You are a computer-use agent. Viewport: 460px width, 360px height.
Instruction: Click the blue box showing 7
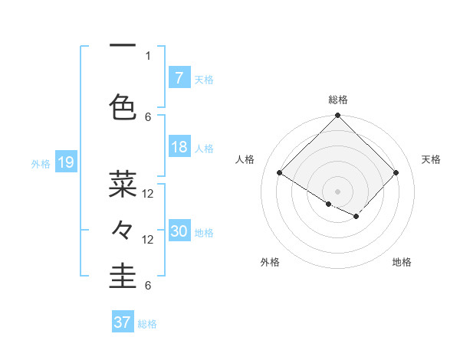(x=179, y=78)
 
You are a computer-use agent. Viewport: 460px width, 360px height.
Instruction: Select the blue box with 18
(x=179, y=148)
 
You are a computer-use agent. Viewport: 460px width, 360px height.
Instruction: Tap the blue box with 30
(x=179, y=231)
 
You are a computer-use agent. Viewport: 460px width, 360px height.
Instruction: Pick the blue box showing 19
(x=65, y=162)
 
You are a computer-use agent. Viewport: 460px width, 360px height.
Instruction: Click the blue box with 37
(x=123, y=322)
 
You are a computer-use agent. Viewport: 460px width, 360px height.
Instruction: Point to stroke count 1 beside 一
(x=148, y=55)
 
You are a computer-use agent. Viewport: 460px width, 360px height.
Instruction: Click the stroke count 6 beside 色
(x=148, y=116)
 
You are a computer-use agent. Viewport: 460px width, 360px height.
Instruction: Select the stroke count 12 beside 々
(x=148, y=240)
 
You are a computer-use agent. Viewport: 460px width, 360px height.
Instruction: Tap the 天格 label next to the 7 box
(x=204, y=79)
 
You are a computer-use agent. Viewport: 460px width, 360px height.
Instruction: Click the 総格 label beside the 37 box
(x=148, y=323)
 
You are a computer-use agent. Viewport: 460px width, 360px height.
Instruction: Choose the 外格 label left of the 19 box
(x=41, y=163)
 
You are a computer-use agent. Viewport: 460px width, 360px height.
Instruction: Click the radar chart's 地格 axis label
(x=402, y=262)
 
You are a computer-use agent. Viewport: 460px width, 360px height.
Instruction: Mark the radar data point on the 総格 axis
(x=337, y=116)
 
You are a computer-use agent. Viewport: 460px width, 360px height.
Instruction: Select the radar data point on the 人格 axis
(x=280, y=173)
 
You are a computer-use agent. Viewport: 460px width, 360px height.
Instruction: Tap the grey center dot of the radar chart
(x=337, y=190)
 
